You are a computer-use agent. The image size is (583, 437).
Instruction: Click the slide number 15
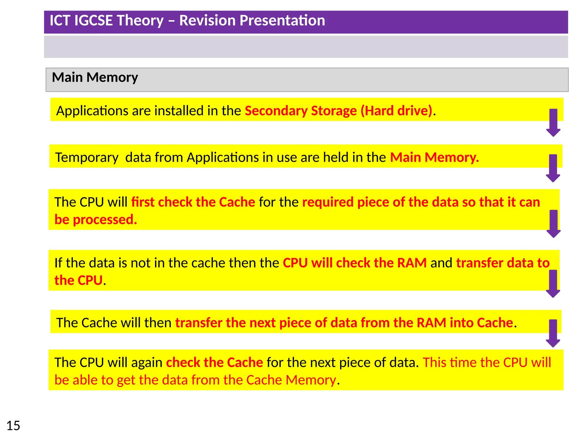pyautogui.click(x=13, y=426)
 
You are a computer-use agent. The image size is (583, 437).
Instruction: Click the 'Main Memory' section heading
pyautogui.click(x=95, y=77)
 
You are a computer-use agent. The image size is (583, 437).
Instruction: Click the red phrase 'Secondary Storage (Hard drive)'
pyautogui.click(x=338, y=111)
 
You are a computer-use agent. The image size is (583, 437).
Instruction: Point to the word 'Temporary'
pyautogui.click(x=87, y=157)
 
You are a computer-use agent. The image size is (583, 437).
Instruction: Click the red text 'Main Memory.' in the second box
pyautogui.click(x=434, y=157)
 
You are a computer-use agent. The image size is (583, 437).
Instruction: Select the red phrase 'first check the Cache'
pyautogui.click(x=193, y=202)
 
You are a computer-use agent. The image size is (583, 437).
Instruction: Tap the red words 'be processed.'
pyautogui.click(x=96, y=220)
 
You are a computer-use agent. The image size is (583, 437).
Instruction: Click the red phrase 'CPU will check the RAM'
pyautogui.click(x=355, y=263)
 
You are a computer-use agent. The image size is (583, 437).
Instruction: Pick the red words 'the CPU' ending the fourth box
pyautogui.click(x=78, y=281)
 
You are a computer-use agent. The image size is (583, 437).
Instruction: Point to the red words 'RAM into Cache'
pyautogui.click(x=465, y=323)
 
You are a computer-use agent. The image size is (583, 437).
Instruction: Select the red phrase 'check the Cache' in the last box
pyautogui.click(x=214, y=362)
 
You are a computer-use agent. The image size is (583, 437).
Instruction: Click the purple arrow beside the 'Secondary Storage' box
pyautogui.click(x=553, y=122)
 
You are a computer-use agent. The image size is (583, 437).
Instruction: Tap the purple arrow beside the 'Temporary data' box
pyautogui.click(x=553, y=168)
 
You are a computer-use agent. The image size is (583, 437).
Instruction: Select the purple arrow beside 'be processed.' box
pyautogui.click(x=553, y=223)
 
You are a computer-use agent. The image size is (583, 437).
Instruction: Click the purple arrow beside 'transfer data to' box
pyautogui.click(x=553, y=283)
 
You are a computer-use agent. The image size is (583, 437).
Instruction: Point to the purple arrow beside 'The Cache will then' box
pyautogui.click(x=553, y=333)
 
